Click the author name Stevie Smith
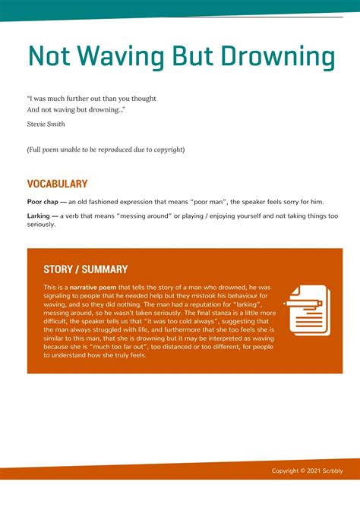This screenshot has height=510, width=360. (x=46, y=124)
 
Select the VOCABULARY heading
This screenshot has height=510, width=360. (x=57, y=184)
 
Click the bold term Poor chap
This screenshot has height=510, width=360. (x=43, y=202)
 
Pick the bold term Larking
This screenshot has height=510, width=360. (x=39, y=216)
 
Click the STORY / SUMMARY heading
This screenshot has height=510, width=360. (x=85, y=269)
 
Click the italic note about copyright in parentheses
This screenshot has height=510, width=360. (x=106, y=150)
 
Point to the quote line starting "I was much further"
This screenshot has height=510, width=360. (x=91, y=99)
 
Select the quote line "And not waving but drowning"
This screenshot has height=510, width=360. (x=76, y=110)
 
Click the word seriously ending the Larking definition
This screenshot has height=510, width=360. (x=41, y=225)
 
